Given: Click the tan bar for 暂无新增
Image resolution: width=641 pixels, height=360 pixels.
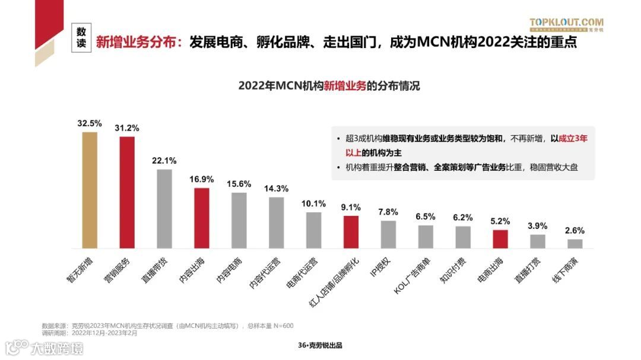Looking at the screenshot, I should coord(90,190).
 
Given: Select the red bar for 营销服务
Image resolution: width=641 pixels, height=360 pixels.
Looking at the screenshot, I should coord(127,192).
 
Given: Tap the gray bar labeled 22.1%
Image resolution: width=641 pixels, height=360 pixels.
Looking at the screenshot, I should coord(164,209).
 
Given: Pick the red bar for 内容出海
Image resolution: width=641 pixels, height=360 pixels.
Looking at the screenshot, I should coord(202,218).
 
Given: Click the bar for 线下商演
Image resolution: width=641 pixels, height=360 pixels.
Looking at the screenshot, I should coord(575,243).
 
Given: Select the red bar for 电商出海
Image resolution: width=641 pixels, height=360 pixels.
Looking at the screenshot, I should coord(500,238).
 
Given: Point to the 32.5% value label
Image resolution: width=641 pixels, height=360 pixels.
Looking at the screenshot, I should coord(90,124).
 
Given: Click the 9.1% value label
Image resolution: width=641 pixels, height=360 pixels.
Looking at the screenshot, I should coord(351,208).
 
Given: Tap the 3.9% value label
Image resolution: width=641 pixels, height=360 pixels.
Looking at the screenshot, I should coord(538,226).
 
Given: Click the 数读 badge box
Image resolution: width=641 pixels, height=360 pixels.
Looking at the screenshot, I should coord(81,37).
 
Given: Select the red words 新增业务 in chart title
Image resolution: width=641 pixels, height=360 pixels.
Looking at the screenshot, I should coord(345,85).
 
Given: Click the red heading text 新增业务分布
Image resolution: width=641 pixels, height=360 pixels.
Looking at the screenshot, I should coord(138,42).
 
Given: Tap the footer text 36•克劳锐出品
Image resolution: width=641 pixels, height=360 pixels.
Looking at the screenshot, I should coord(320,346).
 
